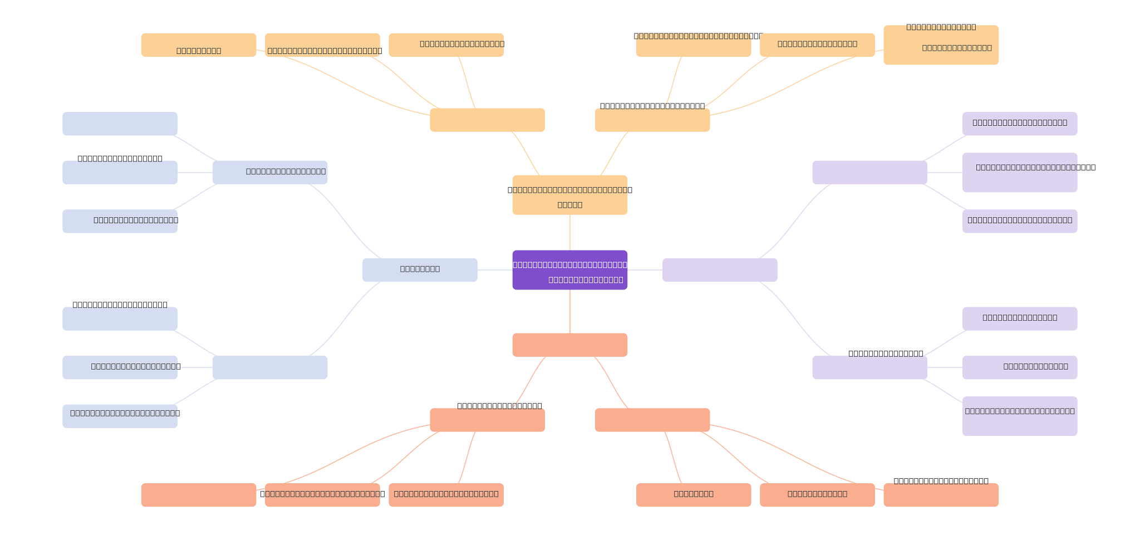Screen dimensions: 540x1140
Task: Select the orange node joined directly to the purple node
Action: [x=569, y=195]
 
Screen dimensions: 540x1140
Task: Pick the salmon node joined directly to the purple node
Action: [x=569, y=345]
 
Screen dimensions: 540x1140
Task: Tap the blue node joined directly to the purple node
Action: [x=420, y=269]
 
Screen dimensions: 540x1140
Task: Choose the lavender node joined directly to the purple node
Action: [x=719, y=269]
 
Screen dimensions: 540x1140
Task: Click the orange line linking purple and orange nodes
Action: [x=570, y=232]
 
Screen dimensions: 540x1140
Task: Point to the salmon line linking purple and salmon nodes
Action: [x=570, y=311]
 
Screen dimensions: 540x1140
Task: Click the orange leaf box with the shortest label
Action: [x=198, y=45]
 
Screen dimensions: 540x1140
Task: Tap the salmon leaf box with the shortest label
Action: [x=693, y=494]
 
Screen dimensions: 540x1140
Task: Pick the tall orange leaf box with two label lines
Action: [x=941, y=45]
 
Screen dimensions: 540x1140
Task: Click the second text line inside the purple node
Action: [x=586, y=279]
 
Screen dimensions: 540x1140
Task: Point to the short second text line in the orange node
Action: [x=569, y=205]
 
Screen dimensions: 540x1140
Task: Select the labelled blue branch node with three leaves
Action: [x=269, y=172]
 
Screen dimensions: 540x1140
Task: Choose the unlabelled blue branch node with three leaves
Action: [x=269, y=367]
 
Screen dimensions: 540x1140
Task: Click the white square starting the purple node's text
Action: [x=509, y=265]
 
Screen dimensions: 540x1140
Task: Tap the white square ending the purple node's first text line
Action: [x=630, y=265]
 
